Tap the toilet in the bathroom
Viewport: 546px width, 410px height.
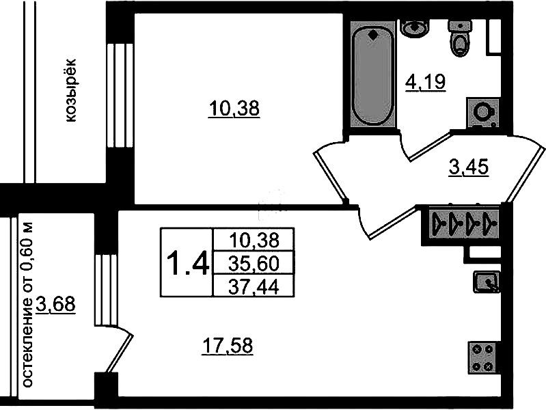[461, 38]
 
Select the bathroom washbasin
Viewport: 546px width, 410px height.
[414, 27]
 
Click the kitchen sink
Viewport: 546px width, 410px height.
[487, 282]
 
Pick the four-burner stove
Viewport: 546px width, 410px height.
[483, 357]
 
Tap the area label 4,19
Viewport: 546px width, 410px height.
[425, 82]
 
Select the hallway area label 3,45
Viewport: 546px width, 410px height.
[469, 167]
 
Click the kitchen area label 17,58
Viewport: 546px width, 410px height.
[228, 346]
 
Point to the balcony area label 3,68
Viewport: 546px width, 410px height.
[55, 305]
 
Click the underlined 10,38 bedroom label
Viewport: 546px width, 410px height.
[234, 108]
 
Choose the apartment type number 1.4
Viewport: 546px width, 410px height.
[188, 263]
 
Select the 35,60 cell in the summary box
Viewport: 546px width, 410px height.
[254, 263]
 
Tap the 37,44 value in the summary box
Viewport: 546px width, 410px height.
[254, 288]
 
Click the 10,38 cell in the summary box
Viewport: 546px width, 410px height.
[254, 240]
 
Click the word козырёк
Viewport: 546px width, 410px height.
[70, 91]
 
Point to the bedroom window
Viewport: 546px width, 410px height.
[120, 96]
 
